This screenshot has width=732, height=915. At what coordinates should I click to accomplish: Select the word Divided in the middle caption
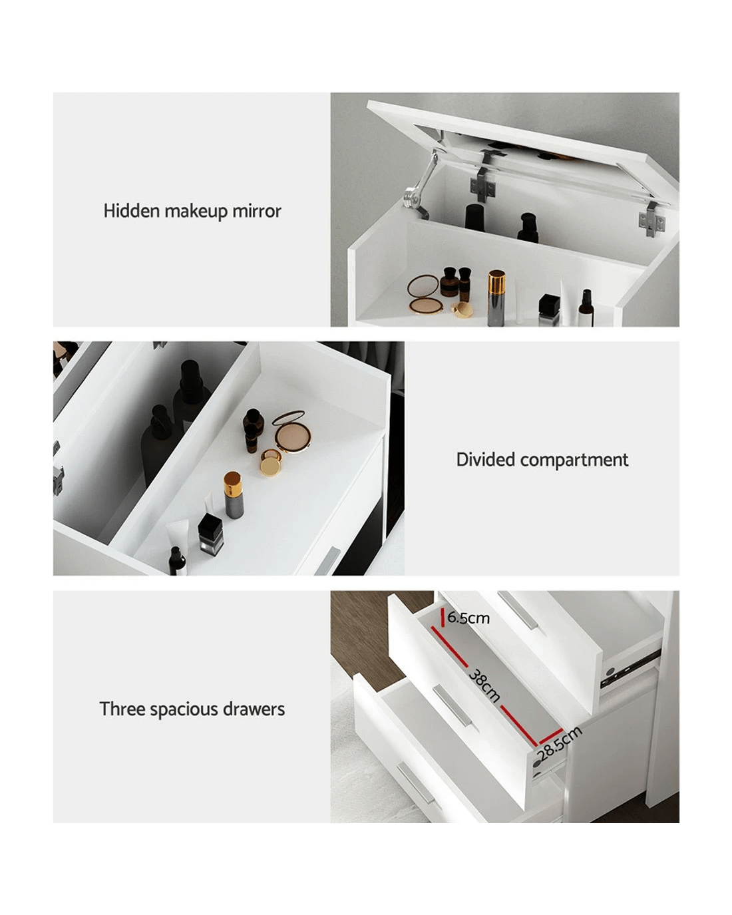point(485,460)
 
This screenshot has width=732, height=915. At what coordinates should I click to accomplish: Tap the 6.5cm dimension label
point(468,618)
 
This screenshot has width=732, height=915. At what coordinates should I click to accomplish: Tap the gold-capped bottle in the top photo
point(496,297)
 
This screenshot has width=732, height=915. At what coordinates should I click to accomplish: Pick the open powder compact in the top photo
point(424,294)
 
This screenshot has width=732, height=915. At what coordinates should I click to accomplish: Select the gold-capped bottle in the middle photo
point(233,494)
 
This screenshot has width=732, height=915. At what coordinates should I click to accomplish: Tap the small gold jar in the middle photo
point(271,462)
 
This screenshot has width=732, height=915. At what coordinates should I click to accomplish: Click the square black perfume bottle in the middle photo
point(210,534)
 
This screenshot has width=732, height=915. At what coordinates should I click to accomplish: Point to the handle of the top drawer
point(518,611)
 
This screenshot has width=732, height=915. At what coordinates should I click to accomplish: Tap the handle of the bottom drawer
point(416,784)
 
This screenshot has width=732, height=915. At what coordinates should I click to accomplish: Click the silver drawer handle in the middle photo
point(327,561)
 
